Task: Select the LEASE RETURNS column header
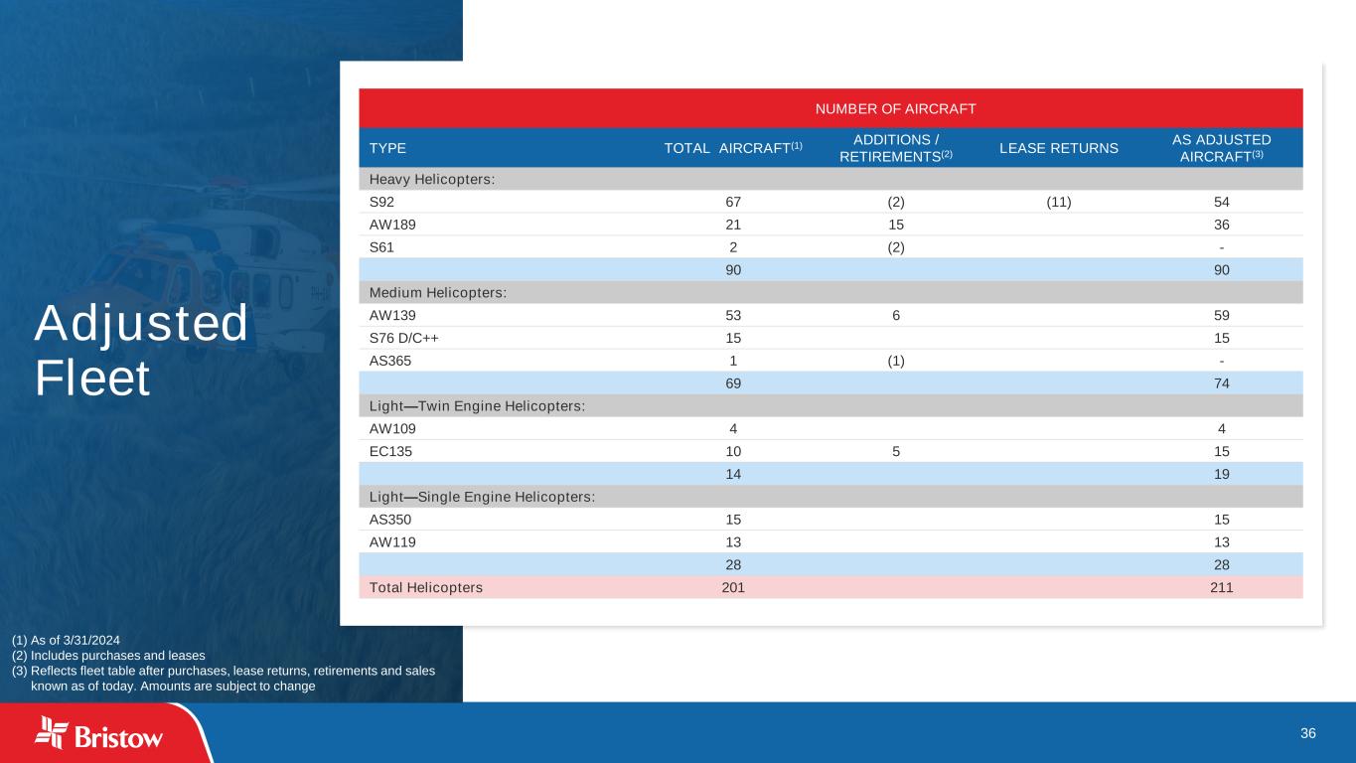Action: pyautogui.click(x=1059, y=148)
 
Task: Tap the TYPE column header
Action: pyautogui.click(x=387, y=148)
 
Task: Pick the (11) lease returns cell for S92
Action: pyautogui.click(x=1058, y=202)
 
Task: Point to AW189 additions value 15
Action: pyautogui.click(x=895, y=225)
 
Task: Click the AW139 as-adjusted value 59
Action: pyautogui.click(x=1221, y=315)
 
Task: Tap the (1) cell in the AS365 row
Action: pyautogui.click(x=895, y=361)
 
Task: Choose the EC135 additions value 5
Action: pyautogui.click(x=895, y=451)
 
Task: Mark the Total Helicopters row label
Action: pyautogui.click(x=426, y=587)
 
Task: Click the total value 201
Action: pyautogui.click(x=732, y=587)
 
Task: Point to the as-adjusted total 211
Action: pyautogui.click(x=1221, y=587)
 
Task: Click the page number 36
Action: pyautogui.click(x=1307, y=733)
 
